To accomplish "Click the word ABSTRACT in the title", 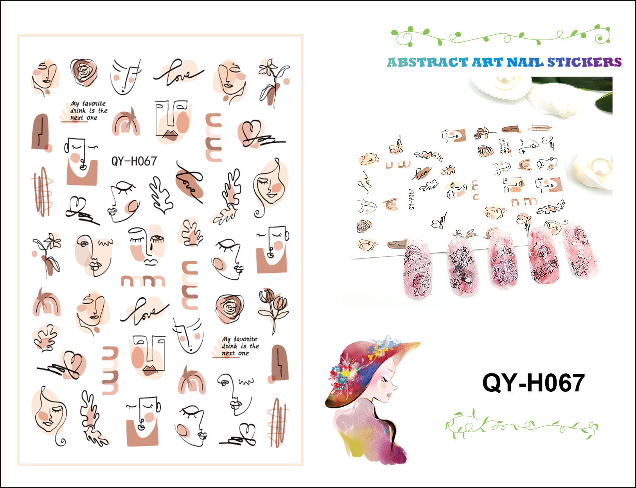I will (427, 63).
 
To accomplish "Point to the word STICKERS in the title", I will (584, 63).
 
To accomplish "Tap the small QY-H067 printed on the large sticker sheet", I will (134, 161).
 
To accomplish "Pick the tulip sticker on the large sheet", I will (273, 309).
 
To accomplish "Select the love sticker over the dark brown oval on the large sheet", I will (190, 182).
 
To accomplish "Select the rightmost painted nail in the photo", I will (580, 250).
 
